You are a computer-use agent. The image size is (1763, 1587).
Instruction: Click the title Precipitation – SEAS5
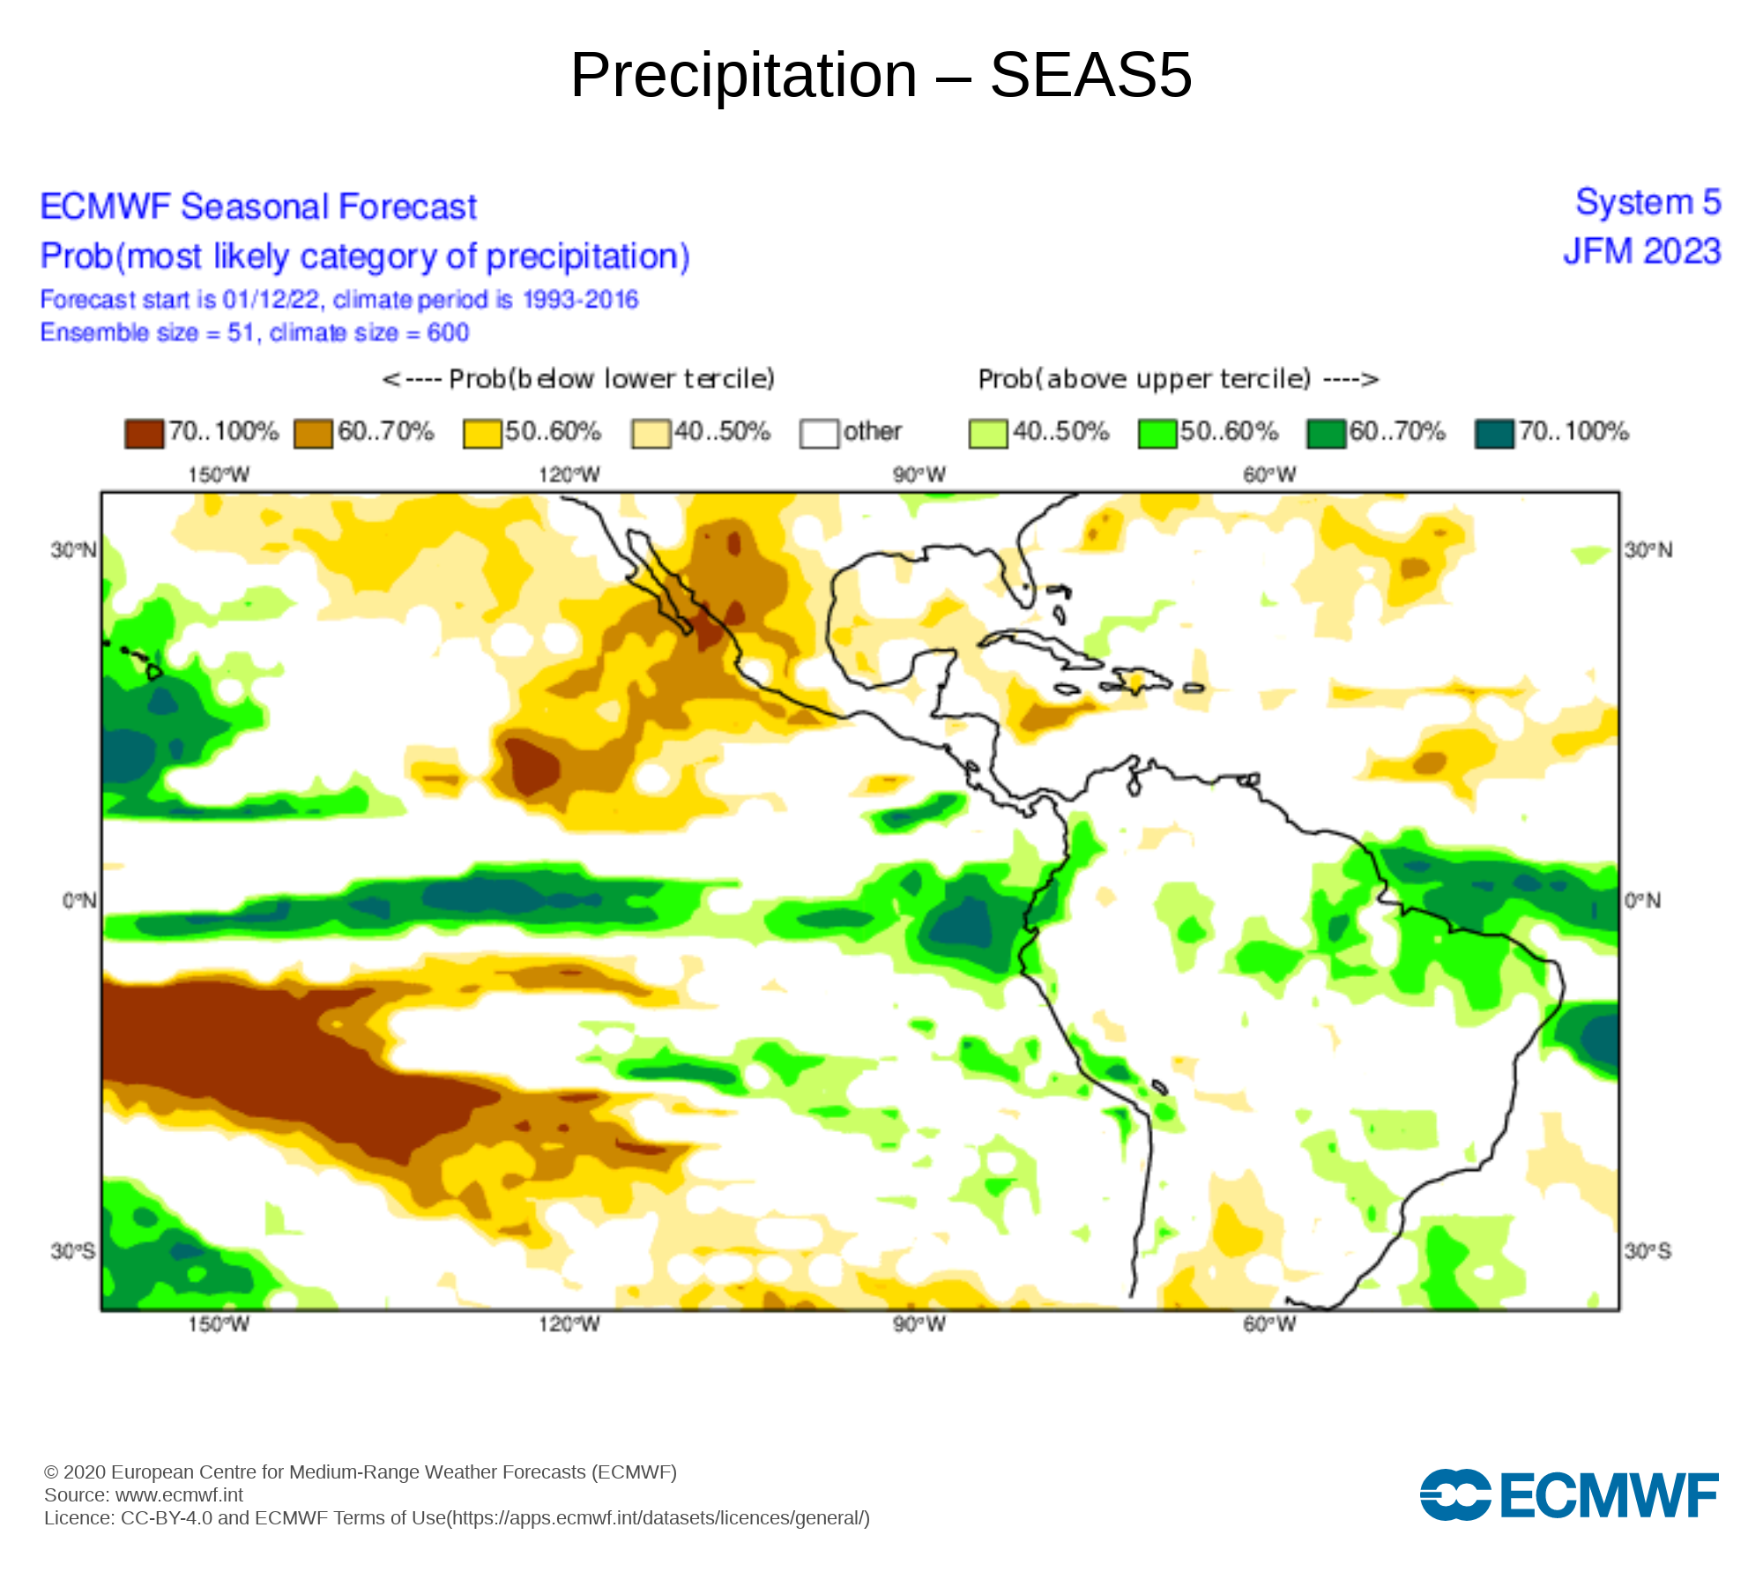881,75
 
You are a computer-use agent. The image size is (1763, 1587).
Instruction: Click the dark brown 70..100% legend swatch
144,433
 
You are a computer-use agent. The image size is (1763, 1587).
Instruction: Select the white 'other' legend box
819,433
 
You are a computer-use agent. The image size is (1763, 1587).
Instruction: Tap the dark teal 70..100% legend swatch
1494,433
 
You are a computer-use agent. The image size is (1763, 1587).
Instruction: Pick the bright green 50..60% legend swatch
1157,433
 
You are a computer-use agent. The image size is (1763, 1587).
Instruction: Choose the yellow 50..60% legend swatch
481,433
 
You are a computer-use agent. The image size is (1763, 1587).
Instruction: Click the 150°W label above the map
218,475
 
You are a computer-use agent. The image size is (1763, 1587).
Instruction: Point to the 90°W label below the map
919,1324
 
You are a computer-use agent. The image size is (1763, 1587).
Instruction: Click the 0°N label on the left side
78,900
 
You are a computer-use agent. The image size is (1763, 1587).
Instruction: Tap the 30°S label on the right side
1648,1251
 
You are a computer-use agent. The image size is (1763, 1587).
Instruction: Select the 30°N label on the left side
73,550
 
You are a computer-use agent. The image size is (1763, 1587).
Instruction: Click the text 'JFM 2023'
1641,252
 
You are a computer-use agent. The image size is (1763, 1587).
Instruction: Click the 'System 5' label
1648,203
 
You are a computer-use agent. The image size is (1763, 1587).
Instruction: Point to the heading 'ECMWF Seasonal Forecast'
258,207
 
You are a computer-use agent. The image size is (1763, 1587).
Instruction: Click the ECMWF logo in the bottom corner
1568,1494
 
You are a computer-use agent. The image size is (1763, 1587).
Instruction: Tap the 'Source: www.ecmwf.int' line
144,1494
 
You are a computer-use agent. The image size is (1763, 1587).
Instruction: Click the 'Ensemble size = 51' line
255,332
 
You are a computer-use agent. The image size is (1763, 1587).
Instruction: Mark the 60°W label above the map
1269,475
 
